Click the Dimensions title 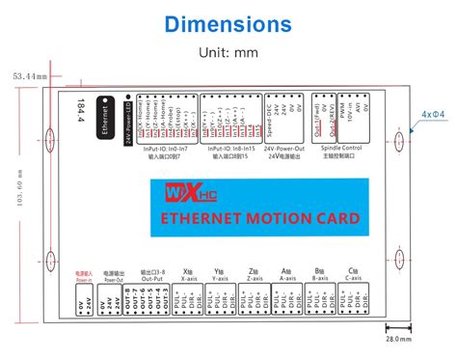point(228,22)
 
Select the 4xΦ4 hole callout point(434,114)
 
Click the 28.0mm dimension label point(398,339)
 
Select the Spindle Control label point(340,149)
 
